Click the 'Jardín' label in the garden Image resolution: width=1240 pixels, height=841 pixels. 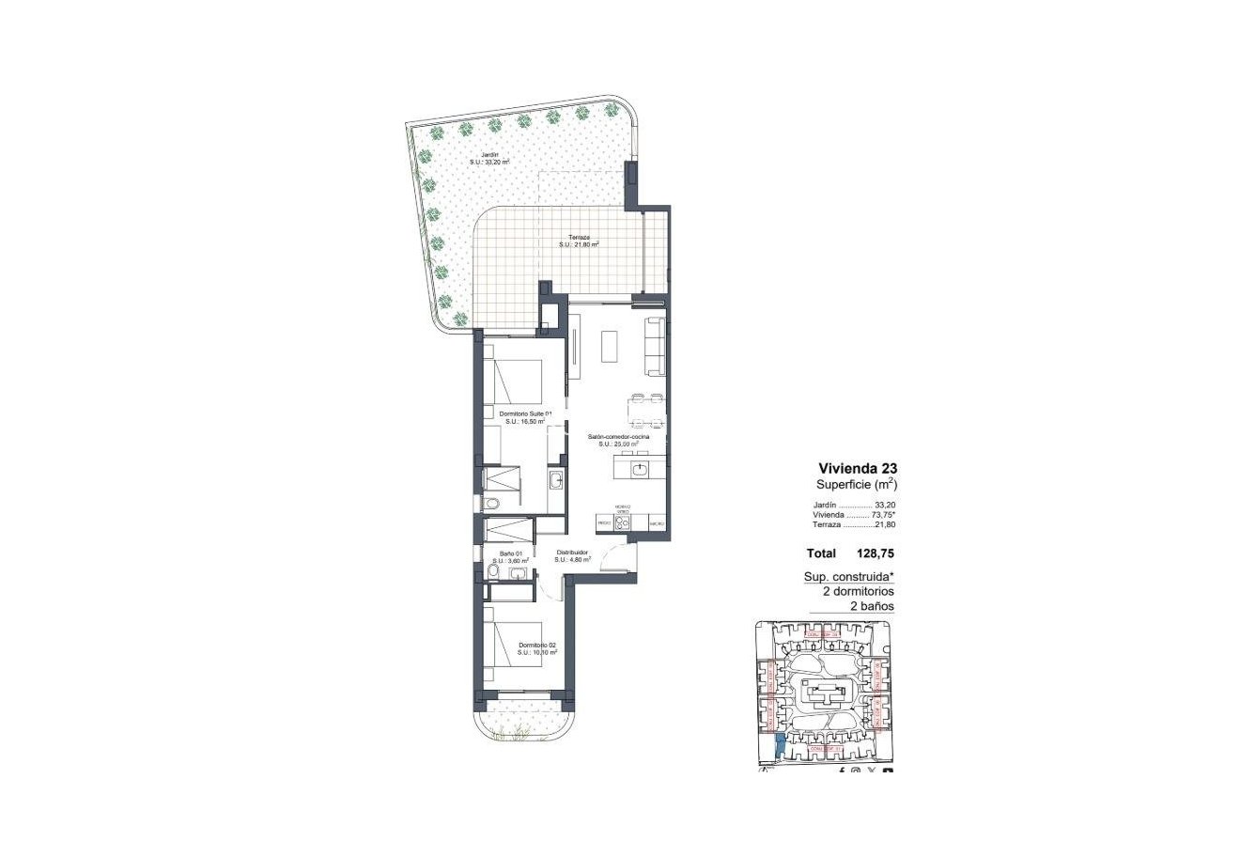click(489, 154)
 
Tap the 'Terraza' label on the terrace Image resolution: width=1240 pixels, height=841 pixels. click(579, 238)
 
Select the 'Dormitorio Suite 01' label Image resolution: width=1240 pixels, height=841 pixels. click(525, 414)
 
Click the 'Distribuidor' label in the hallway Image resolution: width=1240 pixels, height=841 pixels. click(572, 553)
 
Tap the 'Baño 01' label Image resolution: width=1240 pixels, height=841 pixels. click(510, 554)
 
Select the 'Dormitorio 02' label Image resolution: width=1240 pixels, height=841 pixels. click(537, 645)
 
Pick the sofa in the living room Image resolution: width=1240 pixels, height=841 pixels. click(654, 343)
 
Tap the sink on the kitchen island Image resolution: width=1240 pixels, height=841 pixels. click(640, 467)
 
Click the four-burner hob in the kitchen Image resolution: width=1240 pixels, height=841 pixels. click(620, 522)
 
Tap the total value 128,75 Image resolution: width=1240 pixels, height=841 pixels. click(876, 554)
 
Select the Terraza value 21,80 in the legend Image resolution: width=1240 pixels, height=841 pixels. click(880, 525)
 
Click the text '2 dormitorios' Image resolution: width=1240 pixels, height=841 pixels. click(858, 592)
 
